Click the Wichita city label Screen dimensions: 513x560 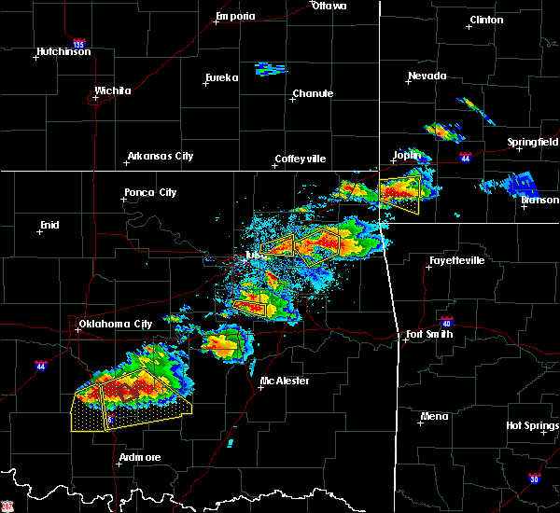coord(112,91)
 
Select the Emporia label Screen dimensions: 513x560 coord(234,16)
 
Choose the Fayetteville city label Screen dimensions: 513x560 coord(456,261)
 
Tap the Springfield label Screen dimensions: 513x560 coord(533,143)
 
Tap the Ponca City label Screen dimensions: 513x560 coord(150,193)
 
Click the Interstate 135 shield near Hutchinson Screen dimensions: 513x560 coord(79,43)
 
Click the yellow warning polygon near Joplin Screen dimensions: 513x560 coord(399,194)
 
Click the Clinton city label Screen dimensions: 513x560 coord(485,20)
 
